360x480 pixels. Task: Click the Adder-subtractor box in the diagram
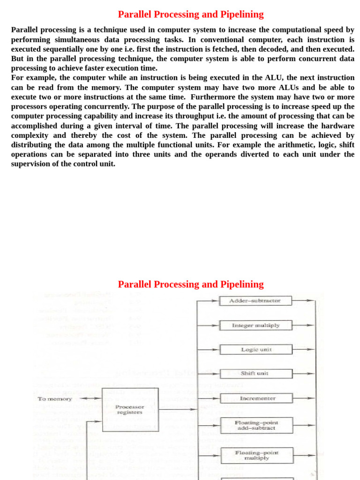[x=255, y=300]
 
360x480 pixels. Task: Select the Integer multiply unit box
[x=256, y=325]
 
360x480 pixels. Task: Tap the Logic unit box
[x=256, y=350]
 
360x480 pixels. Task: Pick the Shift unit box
[x=256, y=374]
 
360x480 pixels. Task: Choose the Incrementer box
[x=256, y=398]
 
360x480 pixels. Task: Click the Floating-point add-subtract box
[x=256, y=425]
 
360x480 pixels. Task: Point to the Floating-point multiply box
[x=256, y=455]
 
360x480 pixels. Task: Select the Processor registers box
[x=130, y=410]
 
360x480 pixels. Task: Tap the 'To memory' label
[x=55, y=399]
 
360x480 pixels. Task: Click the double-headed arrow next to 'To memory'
[x=90, y=398]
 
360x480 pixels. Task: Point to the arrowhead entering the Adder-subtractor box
[x=215, y=300]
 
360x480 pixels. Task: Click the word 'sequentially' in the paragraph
[x=66, y=49]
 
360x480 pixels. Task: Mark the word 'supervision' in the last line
[x=31, y=164]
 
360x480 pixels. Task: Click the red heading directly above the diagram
[x=191, y=285]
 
